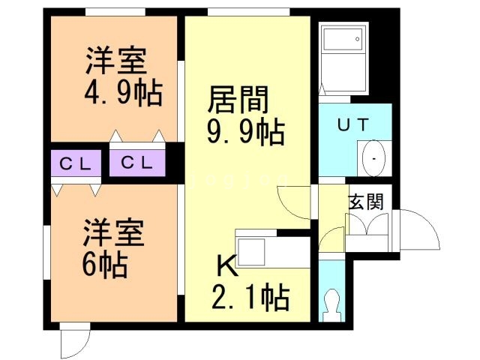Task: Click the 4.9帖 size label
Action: tap(123, 92)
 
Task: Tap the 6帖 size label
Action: tap(105, 264)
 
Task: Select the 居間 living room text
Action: tap(238, 100)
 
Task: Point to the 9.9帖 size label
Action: tap(246, 132)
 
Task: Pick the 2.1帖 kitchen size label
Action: tap(250, 297)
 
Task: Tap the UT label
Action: tap(353, 124)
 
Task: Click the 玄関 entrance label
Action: tap(366, 202)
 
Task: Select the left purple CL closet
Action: tap(76, 163)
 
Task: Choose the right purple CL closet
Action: tap(137, 163)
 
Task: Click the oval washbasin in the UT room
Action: tap(373, 158)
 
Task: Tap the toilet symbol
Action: tap(332, 305)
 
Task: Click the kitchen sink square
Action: tap(251, 252)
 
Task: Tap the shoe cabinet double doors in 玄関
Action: tap(367, 224)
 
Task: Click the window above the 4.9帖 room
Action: tap(115, 12)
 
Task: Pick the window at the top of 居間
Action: tap(248, 12)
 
